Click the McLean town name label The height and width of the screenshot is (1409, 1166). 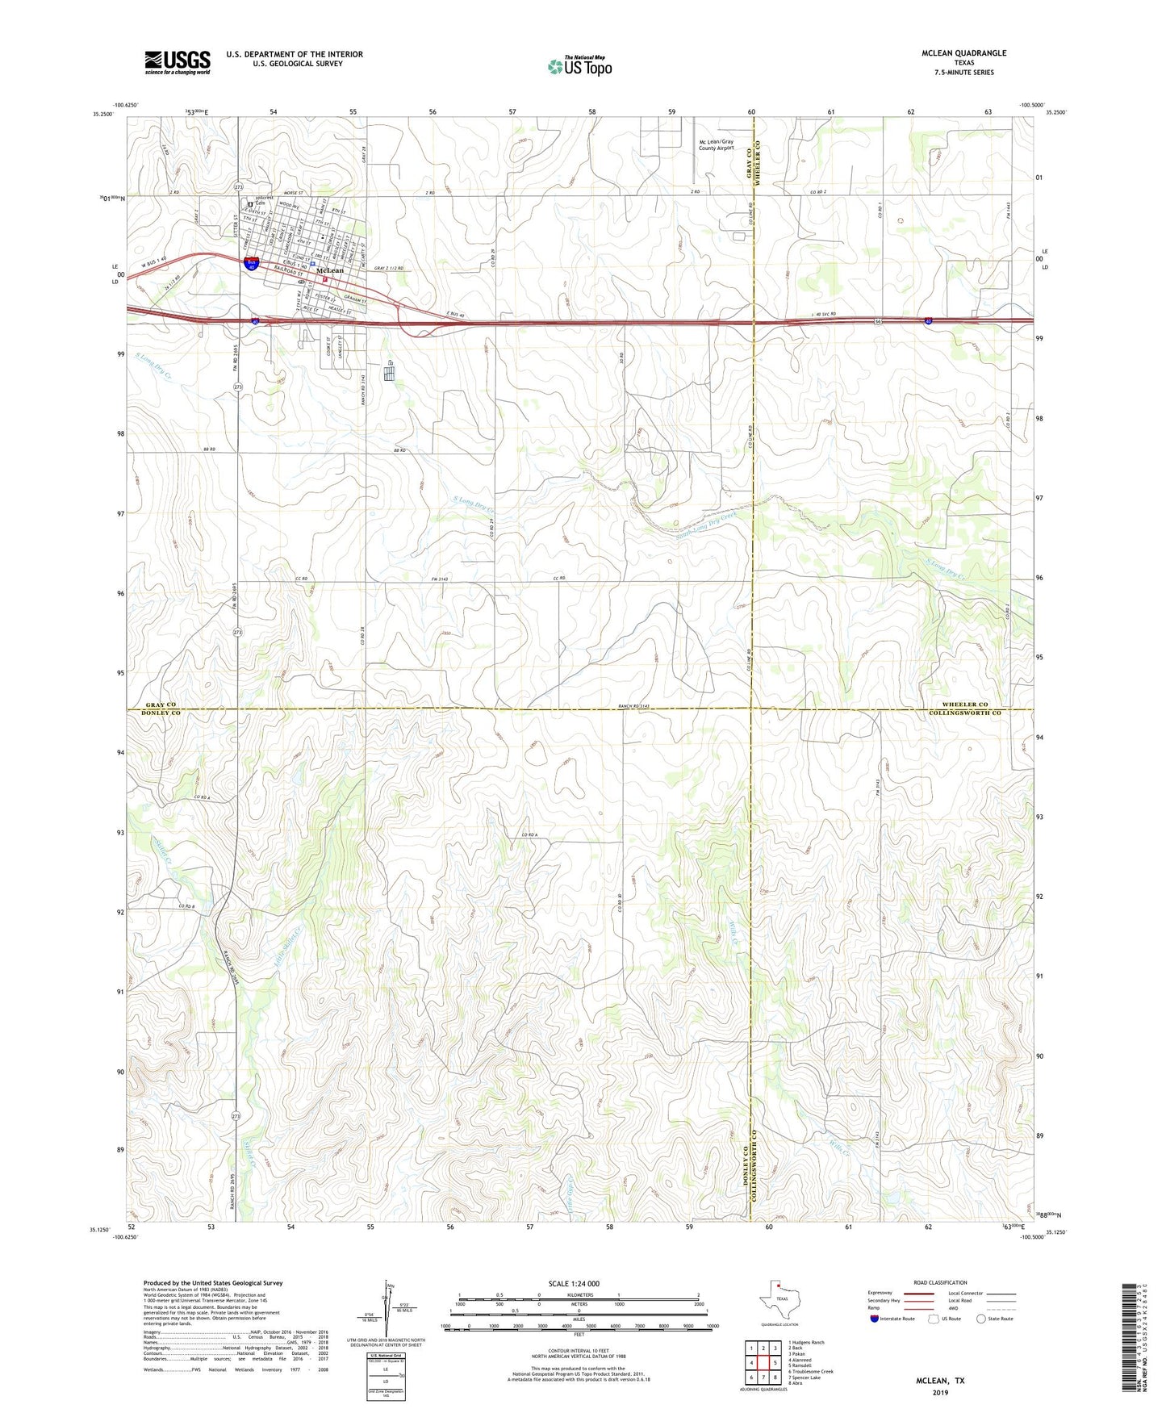(331, 270)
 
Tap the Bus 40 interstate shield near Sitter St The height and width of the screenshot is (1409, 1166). (252, 263)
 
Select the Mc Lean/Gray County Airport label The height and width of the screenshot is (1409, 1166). (717, 145)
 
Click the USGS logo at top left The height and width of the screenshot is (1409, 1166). (178, 62)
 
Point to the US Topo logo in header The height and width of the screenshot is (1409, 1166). (579, 66)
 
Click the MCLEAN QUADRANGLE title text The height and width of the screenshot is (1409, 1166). (964, 53)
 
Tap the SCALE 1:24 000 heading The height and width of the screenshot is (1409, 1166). (574, 1283)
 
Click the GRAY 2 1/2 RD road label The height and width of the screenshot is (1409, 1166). (388, 268)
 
